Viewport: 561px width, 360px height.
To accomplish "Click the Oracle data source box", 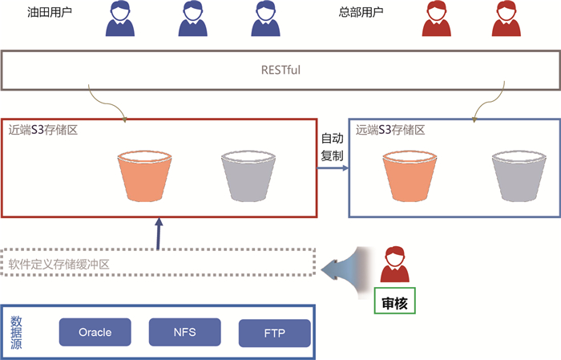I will [95, 332].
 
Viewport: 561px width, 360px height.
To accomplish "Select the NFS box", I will [184, 331].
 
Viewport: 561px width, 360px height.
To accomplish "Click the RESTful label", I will [280, 70].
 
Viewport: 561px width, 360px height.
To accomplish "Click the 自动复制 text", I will [332, 147].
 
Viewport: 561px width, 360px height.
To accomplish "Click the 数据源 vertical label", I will [16, 332].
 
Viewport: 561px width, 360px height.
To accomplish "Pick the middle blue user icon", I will [191, 19].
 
